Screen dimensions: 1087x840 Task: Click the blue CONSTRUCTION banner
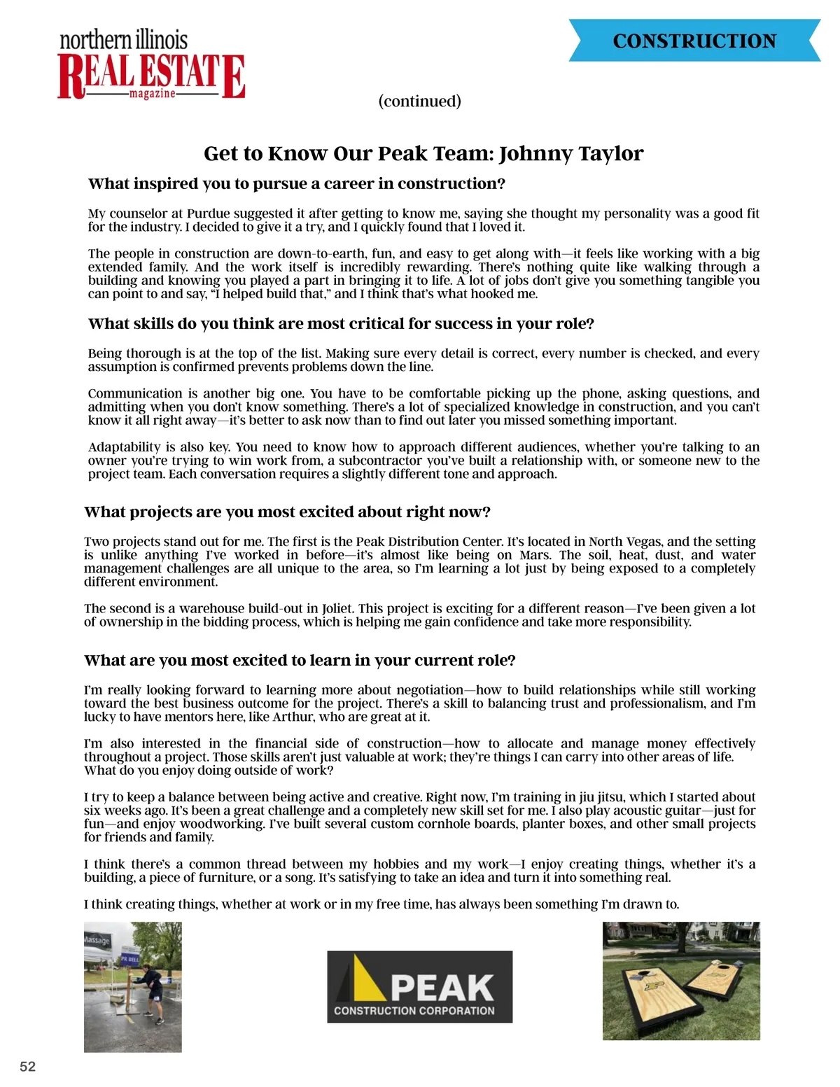click(x=694, y=41)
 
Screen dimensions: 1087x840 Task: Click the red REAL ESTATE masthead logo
click(x=151, y=75)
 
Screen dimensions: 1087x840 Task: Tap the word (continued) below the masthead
click(x=419, y=101)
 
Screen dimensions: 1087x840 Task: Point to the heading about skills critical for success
click(x=341, y=323)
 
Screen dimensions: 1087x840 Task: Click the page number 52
click(x=27, y=1067)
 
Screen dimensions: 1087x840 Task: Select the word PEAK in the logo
click(x=442, y=988)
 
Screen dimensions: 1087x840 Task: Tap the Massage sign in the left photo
click(x=97, y=940)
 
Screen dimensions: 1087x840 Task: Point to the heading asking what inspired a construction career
click(x=297, y=183)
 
